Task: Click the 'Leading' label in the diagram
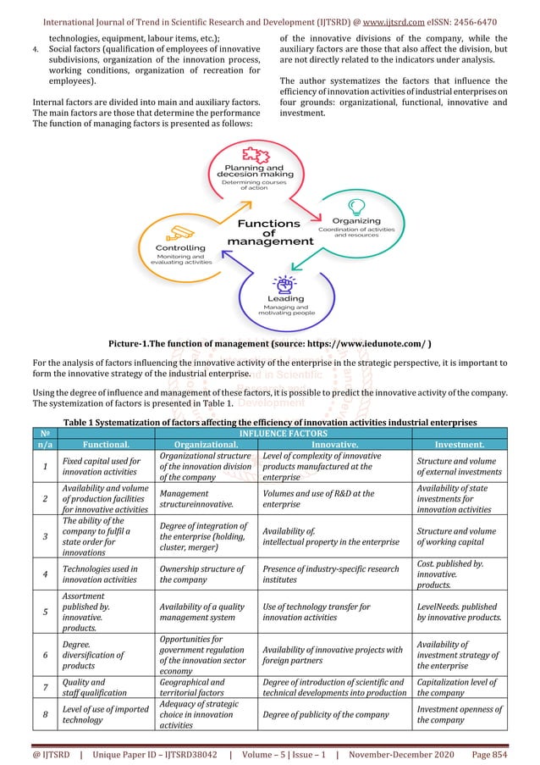click(x=285, y=299)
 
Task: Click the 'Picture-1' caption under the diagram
click(x=269, y=343)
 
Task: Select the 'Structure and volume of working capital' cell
click(x=458, y=533)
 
